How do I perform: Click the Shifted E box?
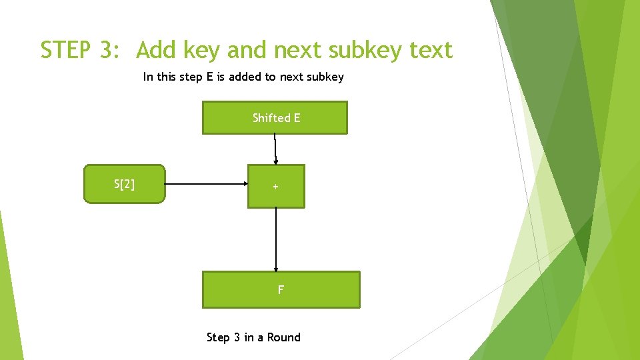[275, 117]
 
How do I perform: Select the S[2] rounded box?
[125, 184]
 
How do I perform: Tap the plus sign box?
[276, 186]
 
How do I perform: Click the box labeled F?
[281, 289]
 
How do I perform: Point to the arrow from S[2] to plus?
[206, 184]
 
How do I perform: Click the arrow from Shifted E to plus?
[275, 149]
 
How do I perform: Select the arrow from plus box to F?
[276, 239]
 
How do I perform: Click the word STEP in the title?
[65, 50]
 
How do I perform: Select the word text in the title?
[431, 50]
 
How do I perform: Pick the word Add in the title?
[157, 50]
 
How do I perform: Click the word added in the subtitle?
[245, 77]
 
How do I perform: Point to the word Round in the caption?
[284, 337]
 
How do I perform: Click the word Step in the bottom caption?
[218, 337]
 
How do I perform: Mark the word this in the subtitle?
[167, 77]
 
